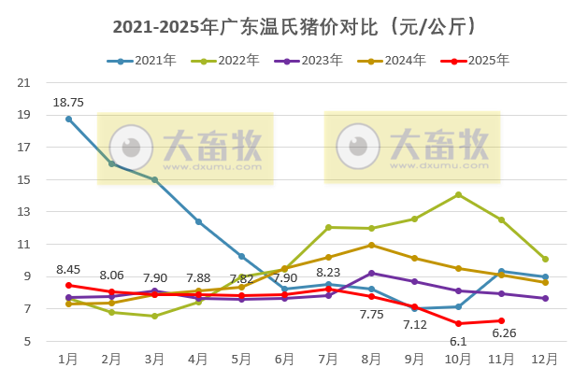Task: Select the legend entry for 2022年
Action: (224, 61)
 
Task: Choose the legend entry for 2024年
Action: (392, 61)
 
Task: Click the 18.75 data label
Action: (68, 103)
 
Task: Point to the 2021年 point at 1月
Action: (68, 119)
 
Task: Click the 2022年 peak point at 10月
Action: (458, 194)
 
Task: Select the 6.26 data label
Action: (502, 332)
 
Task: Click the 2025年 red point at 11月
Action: (502, 320)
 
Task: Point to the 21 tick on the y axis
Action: (24, 82)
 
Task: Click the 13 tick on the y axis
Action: (24, 212)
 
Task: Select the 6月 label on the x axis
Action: (285, 359)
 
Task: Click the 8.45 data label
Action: (68, 269)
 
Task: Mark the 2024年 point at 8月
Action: (372, 245)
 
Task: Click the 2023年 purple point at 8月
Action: (372, 273)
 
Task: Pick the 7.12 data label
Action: (415, 324)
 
